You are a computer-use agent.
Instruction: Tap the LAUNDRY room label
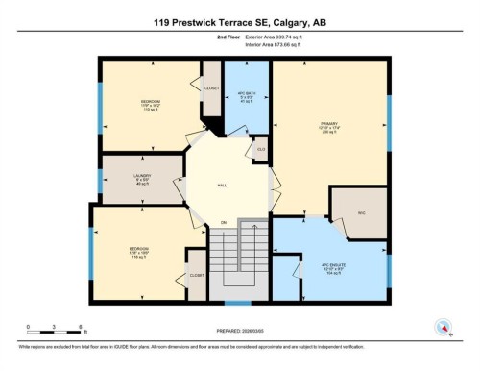click(x=141, y=177)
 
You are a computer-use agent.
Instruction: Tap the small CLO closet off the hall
click(x=260, y=150)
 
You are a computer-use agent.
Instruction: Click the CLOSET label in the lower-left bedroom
click(x=196, y=274)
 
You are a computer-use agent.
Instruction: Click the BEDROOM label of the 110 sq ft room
click(x=151, y=101)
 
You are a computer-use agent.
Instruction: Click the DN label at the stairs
click(x=224, y=223)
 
